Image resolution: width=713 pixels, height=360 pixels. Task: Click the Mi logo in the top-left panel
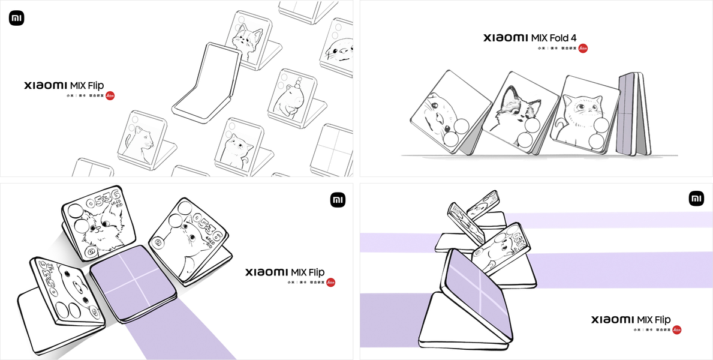[16, 19]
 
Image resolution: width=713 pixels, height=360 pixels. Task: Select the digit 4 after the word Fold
[580, 38]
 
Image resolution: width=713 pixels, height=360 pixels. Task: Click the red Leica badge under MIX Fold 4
[583, 48]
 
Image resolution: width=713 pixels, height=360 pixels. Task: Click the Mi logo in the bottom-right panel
[696, 199]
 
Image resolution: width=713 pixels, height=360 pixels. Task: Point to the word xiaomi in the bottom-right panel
[612, 320]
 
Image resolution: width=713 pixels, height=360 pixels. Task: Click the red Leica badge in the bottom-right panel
[677, 330]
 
